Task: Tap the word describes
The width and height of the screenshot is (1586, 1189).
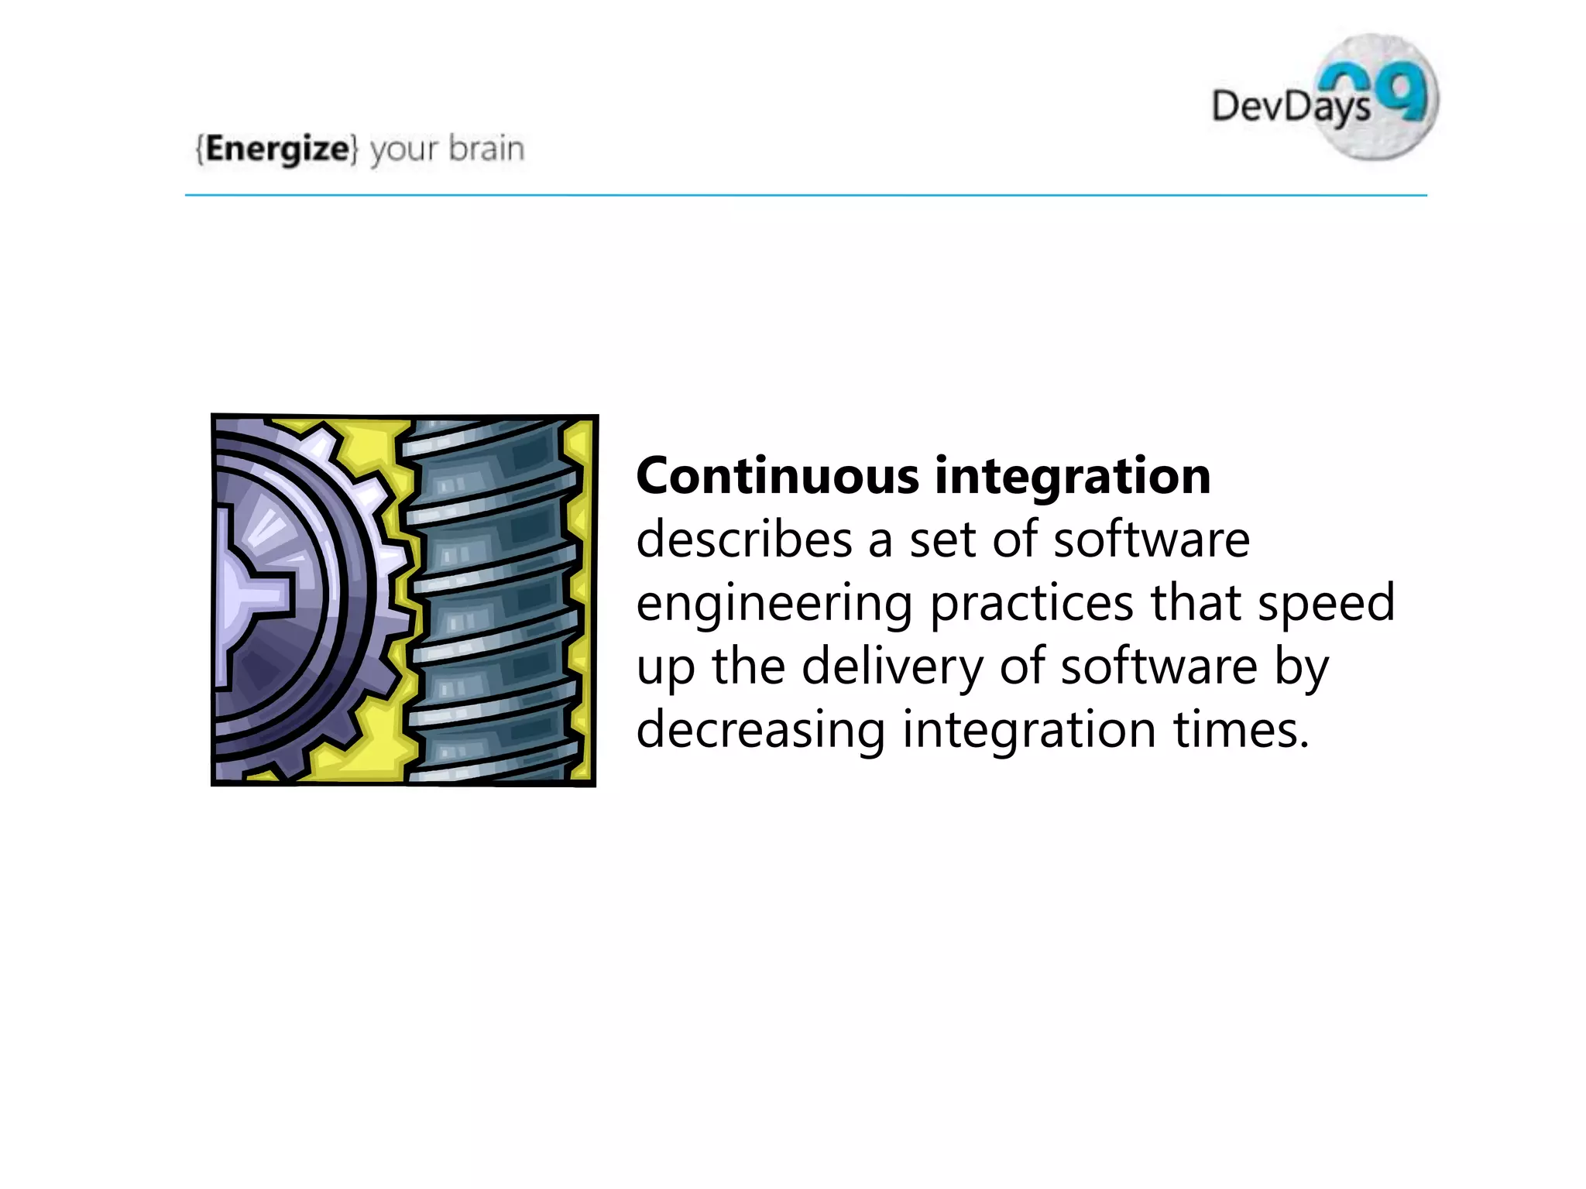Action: [743, 540]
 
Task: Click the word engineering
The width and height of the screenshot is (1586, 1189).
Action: [774, 605]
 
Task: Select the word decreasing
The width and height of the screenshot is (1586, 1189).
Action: [760, 730]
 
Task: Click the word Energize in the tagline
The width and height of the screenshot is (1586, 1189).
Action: [277, 149]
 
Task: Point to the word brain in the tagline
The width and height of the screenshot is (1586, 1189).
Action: [486, 149]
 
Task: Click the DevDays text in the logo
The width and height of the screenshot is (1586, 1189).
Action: [1289, 106]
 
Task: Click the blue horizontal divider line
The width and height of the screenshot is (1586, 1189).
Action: [805, 196]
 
